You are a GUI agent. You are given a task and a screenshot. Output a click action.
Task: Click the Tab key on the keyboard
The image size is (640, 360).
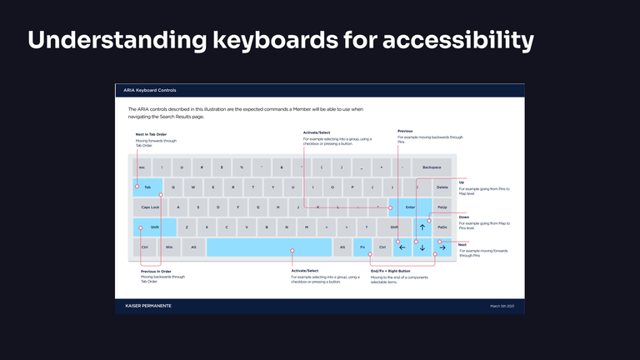pyautogui.click(x=147, y=187)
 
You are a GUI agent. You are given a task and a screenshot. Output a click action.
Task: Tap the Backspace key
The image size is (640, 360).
pyautogui.click(x=432, y=167)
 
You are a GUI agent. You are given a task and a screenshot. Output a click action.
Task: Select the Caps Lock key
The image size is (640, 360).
pyautogui.click(x=151, y=207)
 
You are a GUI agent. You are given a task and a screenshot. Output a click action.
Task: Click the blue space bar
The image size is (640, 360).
pyautogui.click(x=268, y=247)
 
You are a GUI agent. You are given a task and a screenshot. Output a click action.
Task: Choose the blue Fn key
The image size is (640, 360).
pyautogui.click(x=362, y=247)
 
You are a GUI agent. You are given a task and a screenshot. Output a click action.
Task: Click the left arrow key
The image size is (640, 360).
pyautogui.click(x=402, y=247)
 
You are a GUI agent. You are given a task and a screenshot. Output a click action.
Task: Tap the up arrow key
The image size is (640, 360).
pyautogui.click(x=422, y=227)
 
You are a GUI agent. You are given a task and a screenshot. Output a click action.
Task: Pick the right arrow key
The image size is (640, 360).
pyautogui.click(x=442, y=247)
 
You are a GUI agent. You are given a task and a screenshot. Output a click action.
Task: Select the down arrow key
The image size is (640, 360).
pyautogui.click(x=422, y=247)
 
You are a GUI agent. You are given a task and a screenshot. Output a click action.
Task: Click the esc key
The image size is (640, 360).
pyautogui.click(x=142, y=167)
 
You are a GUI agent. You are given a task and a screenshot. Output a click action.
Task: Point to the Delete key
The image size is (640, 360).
pyautogui.click(x=442, y=187)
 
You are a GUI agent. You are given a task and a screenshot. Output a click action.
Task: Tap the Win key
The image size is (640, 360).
pyautogui.click(x=169, y=247)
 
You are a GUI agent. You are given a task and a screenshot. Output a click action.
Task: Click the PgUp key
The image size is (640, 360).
pyautogui.click(x=442, y=207)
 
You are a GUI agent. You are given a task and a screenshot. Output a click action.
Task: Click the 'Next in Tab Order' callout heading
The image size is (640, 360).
pyautogui.click(x=152, y=134)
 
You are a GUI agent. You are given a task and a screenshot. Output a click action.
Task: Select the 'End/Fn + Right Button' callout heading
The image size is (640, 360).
pyautogui.click(x=390, y=271)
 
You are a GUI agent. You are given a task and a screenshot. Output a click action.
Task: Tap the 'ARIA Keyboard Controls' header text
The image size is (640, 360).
pyautogui.click(x=151, y=90)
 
